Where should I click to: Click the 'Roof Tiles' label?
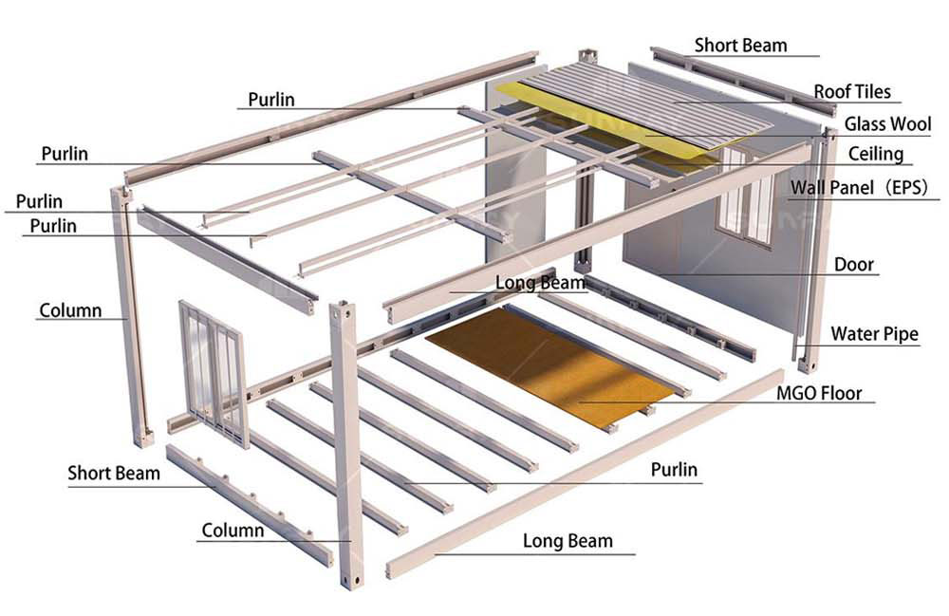[852, 92]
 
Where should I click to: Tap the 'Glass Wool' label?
[887, 124]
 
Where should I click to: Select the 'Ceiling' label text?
[875, 154]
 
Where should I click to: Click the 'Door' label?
[853, 265]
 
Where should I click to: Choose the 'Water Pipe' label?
[874, 333]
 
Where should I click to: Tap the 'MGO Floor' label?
[819, 392]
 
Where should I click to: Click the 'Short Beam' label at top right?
[740, 45]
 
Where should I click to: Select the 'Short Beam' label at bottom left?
[114, 473]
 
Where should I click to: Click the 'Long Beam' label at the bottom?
[568, 541]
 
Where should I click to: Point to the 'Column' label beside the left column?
[70, 310]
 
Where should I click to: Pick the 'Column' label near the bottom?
[233, 530]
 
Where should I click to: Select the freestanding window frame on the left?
[213, 370]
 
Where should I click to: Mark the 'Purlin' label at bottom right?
[674, 469]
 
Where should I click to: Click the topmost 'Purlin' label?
[271, 100]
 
